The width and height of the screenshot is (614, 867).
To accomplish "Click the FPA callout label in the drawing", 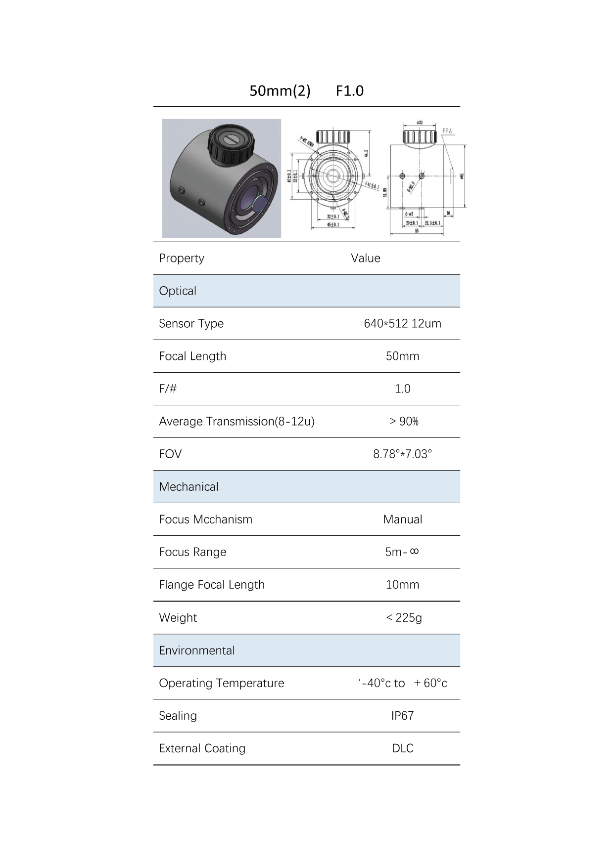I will click(x=447, y=131).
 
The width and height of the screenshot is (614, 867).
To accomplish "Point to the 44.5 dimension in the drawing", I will click(x=366, y=154).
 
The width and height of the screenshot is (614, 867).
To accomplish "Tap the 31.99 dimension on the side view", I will click(x=385, y=192).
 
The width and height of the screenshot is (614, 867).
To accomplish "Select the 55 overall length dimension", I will click(x=417, y=231).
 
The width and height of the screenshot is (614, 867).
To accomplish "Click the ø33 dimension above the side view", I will click(x=419, y=122).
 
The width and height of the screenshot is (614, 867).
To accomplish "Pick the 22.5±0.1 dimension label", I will click(x=433, y=223).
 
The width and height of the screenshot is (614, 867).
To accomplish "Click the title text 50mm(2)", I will click(x=280, y=91).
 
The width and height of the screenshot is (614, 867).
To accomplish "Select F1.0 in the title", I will click(x=349, y=91).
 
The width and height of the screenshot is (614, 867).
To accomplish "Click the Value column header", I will click(x=366, y=258).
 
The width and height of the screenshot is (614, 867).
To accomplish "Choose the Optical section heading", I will click(x=178, y=291).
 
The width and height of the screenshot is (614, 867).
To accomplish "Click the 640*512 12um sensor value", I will click(x=402, y=324).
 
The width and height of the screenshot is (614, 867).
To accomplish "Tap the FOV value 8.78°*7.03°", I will click(x=402, y=454).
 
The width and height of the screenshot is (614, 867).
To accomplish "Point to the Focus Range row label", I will click(x=192, y=552).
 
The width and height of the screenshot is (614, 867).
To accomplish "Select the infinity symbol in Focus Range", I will click(x=415, y=551).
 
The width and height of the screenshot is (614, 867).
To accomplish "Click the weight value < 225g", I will click(x=404, y=618).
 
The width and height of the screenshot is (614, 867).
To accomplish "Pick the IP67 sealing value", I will click(x=402, y=716).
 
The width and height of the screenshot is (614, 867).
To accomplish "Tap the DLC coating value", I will click(x=402, y=748).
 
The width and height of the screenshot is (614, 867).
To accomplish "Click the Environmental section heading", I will click(x=197, y=650).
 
